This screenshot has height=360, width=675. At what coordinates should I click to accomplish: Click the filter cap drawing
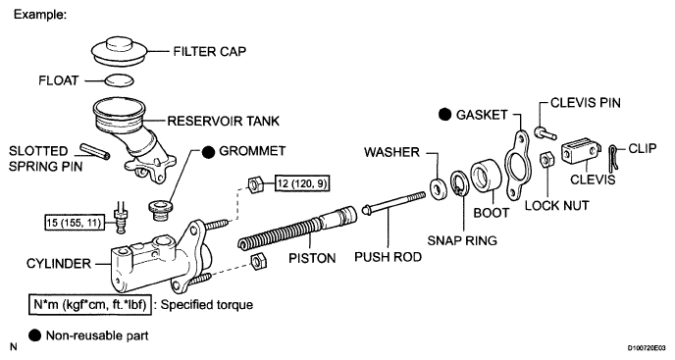(120, 51)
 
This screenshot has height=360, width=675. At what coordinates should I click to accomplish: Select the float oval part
(119, 80)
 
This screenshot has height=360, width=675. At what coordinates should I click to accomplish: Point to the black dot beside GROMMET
(208, 152)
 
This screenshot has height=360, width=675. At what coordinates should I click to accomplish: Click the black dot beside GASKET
(445, 115)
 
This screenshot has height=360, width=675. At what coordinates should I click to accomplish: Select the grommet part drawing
(160, 210)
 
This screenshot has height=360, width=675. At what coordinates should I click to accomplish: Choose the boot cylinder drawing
(487, 177)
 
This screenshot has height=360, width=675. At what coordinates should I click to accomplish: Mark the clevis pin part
(545, 132)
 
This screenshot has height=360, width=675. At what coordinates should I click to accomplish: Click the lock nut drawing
(546, 160)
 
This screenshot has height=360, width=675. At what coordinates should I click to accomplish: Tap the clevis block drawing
(581, 149)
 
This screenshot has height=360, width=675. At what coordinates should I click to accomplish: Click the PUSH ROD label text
(388, 257)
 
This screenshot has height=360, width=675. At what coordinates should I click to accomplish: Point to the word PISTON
(312, 258)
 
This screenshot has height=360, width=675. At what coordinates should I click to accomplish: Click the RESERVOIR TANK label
(224, 121)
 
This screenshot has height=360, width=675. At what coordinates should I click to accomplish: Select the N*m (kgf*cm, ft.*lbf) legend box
(90, 305)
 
